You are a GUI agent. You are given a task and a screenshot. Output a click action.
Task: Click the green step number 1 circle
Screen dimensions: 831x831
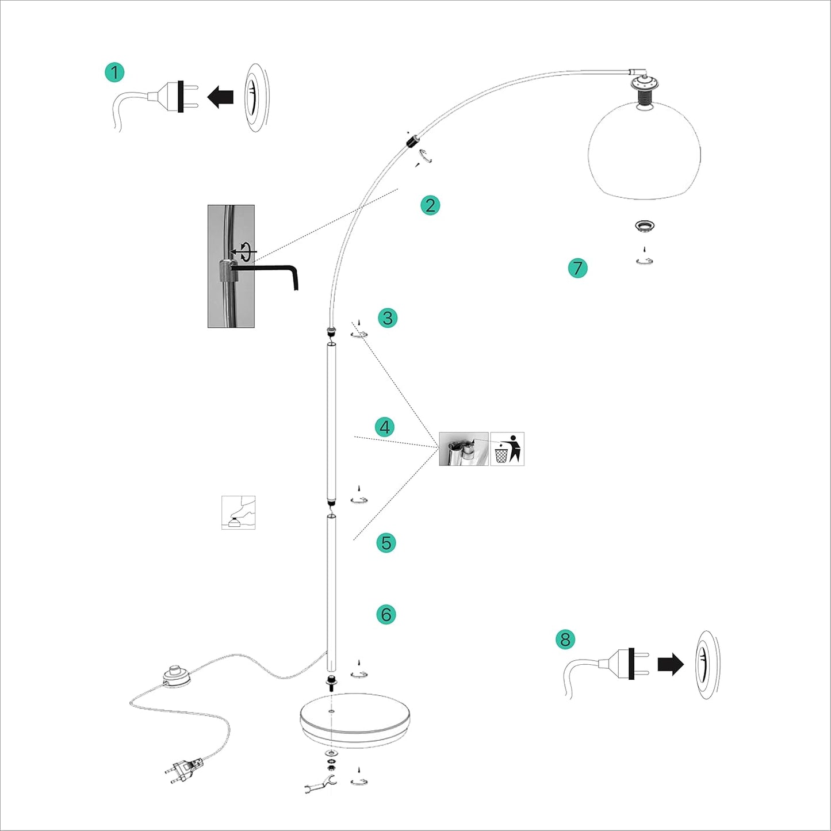[x=114, y=72]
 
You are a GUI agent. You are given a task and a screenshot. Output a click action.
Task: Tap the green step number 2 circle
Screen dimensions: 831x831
[x=430, y=205]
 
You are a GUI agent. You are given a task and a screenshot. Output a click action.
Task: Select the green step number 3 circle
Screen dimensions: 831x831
[x=388, y=318]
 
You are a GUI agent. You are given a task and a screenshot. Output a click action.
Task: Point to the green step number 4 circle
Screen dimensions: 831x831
[x=385, y=427]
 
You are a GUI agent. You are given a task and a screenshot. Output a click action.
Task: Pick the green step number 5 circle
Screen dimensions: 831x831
[x=386, y=543]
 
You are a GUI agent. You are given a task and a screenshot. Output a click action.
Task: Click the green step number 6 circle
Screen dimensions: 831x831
[x=386, y=614]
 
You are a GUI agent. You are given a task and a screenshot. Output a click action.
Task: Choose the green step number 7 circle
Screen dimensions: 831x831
[x=577, y=268]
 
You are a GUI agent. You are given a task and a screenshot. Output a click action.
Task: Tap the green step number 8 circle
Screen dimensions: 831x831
[x=565, y=639]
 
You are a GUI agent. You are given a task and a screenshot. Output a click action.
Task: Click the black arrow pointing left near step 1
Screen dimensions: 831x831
[x=220, y=97]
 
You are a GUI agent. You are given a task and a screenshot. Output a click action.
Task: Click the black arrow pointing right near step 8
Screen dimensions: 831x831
[x=671, y=664]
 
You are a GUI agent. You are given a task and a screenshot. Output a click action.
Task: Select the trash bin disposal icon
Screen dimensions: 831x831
[x=507, y=449]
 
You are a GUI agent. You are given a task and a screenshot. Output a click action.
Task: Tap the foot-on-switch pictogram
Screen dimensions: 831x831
[x=238, y=512]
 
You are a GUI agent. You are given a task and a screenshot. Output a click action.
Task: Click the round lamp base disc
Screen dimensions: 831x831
[x=354, y=719]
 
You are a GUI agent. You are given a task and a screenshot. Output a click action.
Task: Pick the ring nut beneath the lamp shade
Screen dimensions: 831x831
[x=645, y=226]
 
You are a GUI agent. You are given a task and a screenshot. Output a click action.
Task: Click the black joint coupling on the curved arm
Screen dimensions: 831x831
[x=412, y=141]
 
